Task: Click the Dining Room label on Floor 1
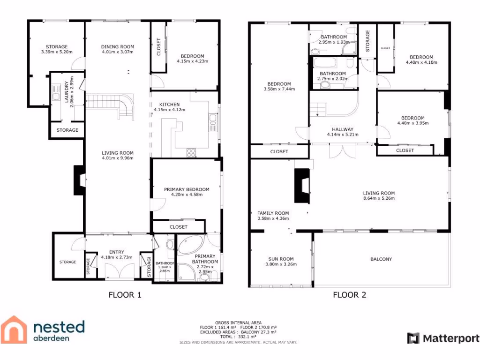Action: (118, 46)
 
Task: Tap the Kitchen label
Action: (169, 104)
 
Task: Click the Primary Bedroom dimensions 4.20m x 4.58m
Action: (187, 195)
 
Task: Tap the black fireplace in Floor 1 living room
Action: (79, 180)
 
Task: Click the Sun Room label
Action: (281, 259)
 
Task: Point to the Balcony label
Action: (381, 259)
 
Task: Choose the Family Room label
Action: (273, 213)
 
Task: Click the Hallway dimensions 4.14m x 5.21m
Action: (342, 135)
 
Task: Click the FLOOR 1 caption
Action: (125, 295)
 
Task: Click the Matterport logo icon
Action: (413, 338)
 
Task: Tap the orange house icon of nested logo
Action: (14, 330)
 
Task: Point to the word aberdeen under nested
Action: (52, 338)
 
